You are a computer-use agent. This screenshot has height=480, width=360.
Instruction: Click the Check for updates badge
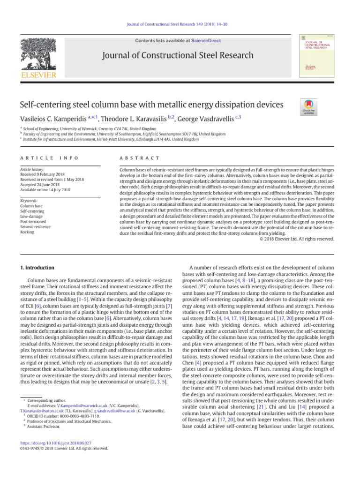[309, 107]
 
